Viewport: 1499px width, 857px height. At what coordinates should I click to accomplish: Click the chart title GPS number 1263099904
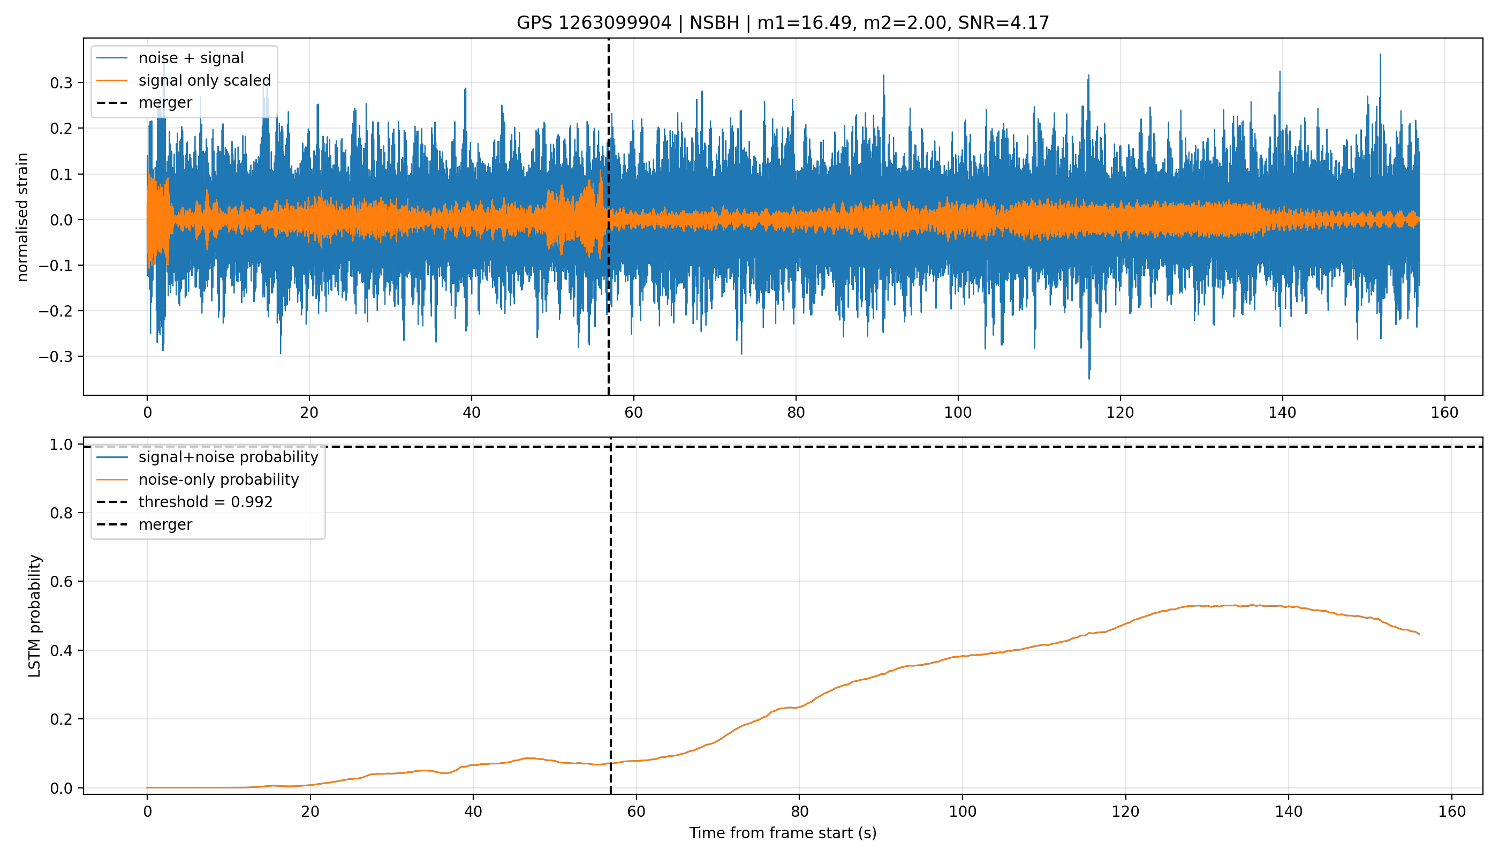click(594, 23)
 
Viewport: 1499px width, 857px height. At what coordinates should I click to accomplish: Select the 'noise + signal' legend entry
click(191, 58)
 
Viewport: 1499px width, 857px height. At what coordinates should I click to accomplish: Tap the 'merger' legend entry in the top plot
click(165, 102)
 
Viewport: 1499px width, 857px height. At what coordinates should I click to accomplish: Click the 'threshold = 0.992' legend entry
click(206, 502)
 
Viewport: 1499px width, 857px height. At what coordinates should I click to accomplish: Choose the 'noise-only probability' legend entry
click(219, 480)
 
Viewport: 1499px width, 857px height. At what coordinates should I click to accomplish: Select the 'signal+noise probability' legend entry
click(228, 457)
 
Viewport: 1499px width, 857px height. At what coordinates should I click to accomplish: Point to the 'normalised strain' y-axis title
click(22, 217)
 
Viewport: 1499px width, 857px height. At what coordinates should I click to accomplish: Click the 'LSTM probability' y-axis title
click(35, 617)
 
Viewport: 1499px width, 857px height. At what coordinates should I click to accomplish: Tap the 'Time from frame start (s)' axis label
click(783, 833)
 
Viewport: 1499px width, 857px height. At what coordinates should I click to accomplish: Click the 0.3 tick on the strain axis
click(61, 83)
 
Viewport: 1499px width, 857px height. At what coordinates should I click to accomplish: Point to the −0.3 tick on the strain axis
click(56, 357)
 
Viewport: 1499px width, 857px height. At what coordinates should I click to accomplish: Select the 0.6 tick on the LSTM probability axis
click(61, 582)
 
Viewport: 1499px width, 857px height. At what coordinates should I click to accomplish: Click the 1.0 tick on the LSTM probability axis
click(61, 445)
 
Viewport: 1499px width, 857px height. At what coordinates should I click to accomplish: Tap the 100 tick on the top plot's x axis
click(958, 412)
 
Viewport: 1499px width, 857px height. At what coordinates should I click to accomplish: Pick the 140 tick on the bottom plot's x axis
click(1289, 811)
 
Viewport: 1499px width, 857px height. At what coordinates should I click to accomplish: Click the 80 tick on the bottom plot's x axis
click(799, 811)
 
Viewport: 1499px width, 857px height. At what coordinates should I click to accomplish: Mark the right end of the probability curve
click(1420, 635)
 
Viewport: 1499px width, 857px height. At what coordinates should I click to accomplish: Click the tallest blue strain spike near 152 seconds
click(1380, 55)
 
